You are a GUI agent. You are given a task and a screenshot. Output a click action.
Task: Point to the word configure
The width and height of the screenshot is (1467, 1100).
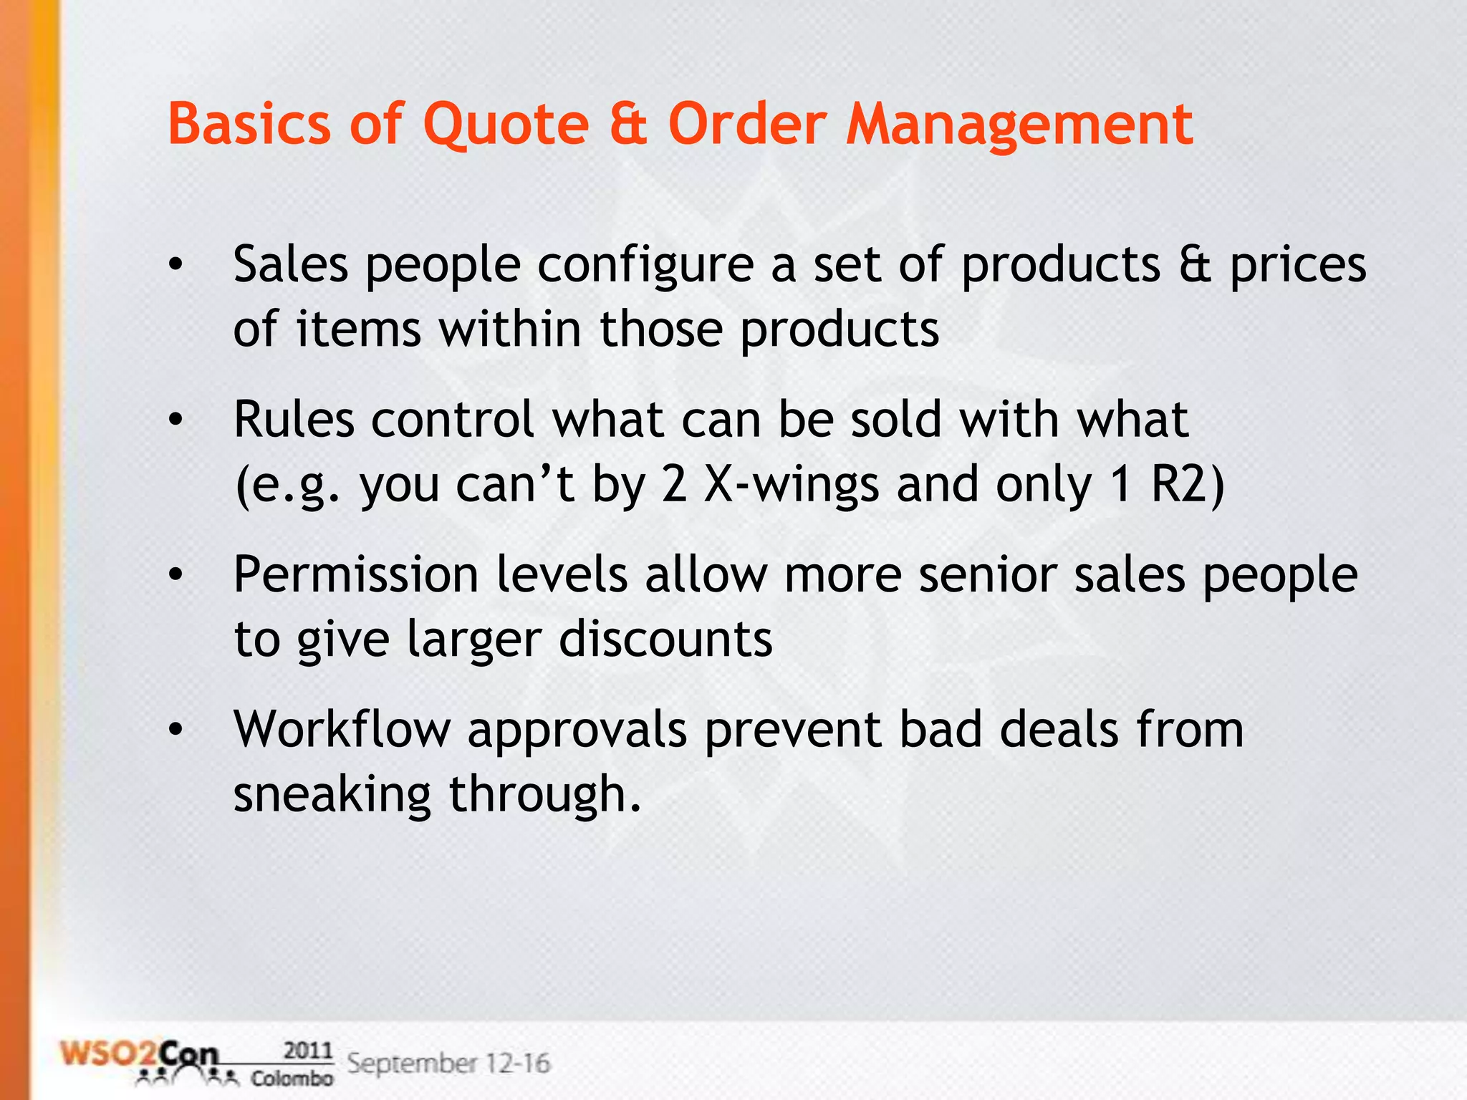645,266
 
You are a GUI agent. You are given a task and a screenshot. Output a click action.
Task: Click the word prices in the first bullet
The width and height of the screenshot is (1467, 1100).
1298,266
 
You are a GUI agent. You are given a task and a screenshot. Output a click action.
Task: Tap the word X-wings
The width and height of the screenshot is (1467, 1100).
792,485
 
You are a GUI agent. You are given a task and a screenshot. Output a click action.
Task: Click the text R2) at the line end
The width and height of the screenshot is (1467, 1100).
1188,485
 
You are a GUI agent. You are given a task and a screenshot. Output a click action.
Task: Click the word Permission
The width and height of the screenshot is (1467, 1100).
356,576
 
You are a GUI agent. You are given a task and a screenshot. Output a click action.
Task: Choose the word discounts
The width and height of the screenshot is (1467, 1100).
665,639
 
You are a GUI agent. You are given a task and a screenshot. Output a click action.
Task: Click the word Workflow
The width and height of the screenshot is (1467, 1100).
342,730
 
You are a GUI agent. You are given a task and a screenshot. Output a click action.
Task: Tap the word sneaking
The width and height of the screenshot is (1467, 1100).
332,795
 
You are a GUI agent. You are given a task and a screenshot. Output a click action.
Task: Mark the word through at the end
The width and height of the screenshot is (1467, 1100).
544,795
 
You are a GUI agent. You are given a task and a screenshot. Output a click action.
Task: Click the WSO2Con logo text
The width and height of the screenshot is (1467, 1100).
140,1056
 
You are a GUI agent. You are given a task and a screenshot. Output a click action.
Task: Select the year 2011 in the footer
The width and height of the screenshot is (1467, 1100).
308,1051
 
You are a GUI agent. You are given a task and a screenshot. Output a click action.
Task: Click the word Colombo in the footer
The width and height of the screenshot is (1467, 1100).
292,1078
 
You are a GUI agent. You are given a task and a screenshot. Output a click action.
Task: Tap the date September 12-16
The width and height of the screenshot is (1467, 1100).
448,1063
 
